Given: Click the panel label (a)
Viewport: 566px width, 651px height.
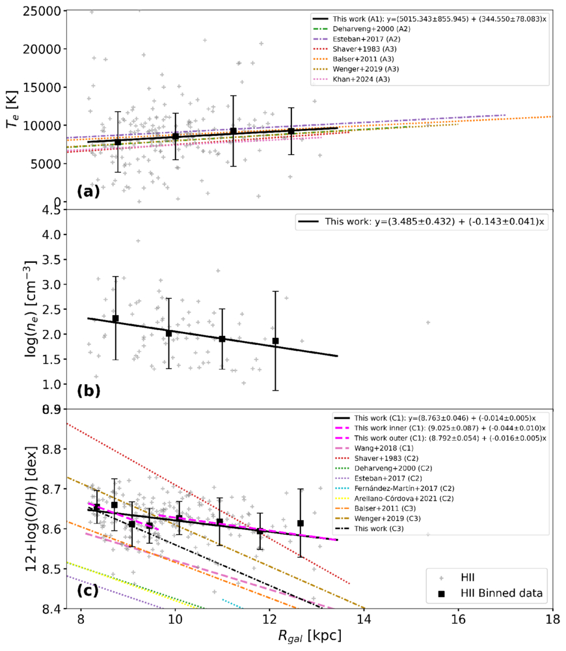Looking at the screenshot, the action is click(x=88, y=191).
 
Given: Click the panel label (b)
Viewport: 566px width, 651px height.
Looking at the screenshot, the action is click(x=88, y=391).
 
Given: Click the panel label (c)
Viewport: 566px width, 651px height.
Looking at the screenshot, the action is click(x=88, y=590).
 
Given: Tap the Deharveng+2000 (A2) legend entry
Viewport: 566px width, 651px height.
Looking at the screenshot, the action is click(x=362, y=29).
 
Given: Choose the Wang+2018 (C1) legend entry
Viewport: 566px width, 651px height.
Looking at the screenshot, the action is click(x=373, y=449).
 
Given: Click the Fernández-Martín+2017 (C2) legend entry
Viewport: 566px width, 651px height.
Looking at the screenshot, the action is click(x=394, y=489).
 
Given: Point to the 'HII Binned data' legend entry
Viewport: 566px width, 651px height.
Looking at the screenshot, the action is click(x=490, y=593).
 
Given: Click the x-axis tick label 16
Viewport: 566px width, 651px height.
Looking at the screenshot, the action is click(x=459, y=620).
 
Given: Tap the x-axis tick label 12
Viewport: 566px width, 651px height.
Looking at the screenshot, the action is click(x=270, y=620).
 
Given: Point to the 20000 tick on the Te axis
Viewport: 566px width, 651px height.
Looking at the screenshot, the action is click(x=42, y=49).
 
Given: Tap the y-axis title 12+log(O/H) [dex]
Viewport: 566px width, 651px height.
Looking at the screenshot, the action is click(x=31, y=508).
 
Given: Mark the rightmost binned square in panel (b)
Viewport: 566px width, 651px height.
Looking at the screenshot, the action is click(x=276, y=341).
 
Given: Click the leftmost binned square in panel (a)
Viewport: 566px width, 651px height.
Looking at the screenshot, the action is click(x=118, y=142).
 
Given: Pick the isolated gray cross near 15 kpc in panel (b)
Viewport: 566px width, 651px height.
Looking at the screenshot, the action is click(x=428, y=322).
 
